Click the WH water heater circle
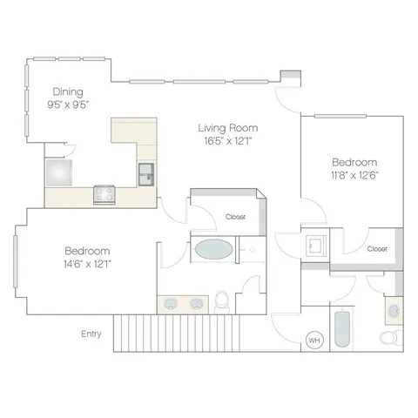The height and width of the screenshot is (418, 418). (x=314, y=340)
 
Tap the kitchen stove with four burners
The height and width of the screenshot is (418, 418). (x=104, y=194)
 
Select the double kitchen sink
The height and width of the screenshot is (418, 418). (x=146, y=174)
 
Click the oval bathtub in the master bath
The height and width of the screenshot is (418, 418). (x=213, y=249)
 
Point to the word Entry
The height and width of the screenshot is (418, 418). (x=91, y=334)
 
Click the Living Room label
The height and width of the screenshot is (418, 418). (x=228, y=128)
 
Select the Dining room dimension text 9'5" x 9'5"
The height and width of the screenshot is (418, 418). (x=68, y=104)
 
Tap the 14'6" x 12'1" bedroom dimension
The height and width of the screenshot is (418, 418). (x=88, y=264)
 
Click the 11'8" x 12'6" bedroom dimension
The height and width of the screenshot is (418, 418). (x=354, y=175)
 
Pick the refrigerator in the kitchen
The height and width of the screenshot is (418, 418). (x=59, y=172)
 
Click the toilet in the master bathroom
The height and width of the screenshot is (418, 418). (x=222, y=302)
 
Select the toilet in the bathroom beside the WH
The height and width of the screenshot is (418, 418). (x=391, y=338)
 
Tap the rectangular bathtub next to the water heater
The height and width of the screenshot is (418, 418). (x=342, y=329)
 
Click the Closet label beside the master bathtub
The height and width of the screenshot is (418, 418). (x=235, y=217)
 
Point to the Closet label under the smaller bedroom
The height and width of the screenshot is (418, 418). (x=377, y=249)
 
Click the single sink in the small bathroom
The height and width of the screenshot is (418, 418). (x=394, y=311)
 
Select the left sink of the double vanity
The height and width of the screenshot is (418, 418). (x=171, y=304)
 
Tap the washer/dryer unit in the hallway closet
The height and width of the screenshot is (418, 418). (x=316, y=246)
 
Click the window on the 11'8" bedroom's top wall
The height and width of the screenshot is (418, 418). (x=340, y=117)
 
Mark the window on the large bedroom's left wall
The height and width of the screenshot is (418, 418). (x=16, y=261)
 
